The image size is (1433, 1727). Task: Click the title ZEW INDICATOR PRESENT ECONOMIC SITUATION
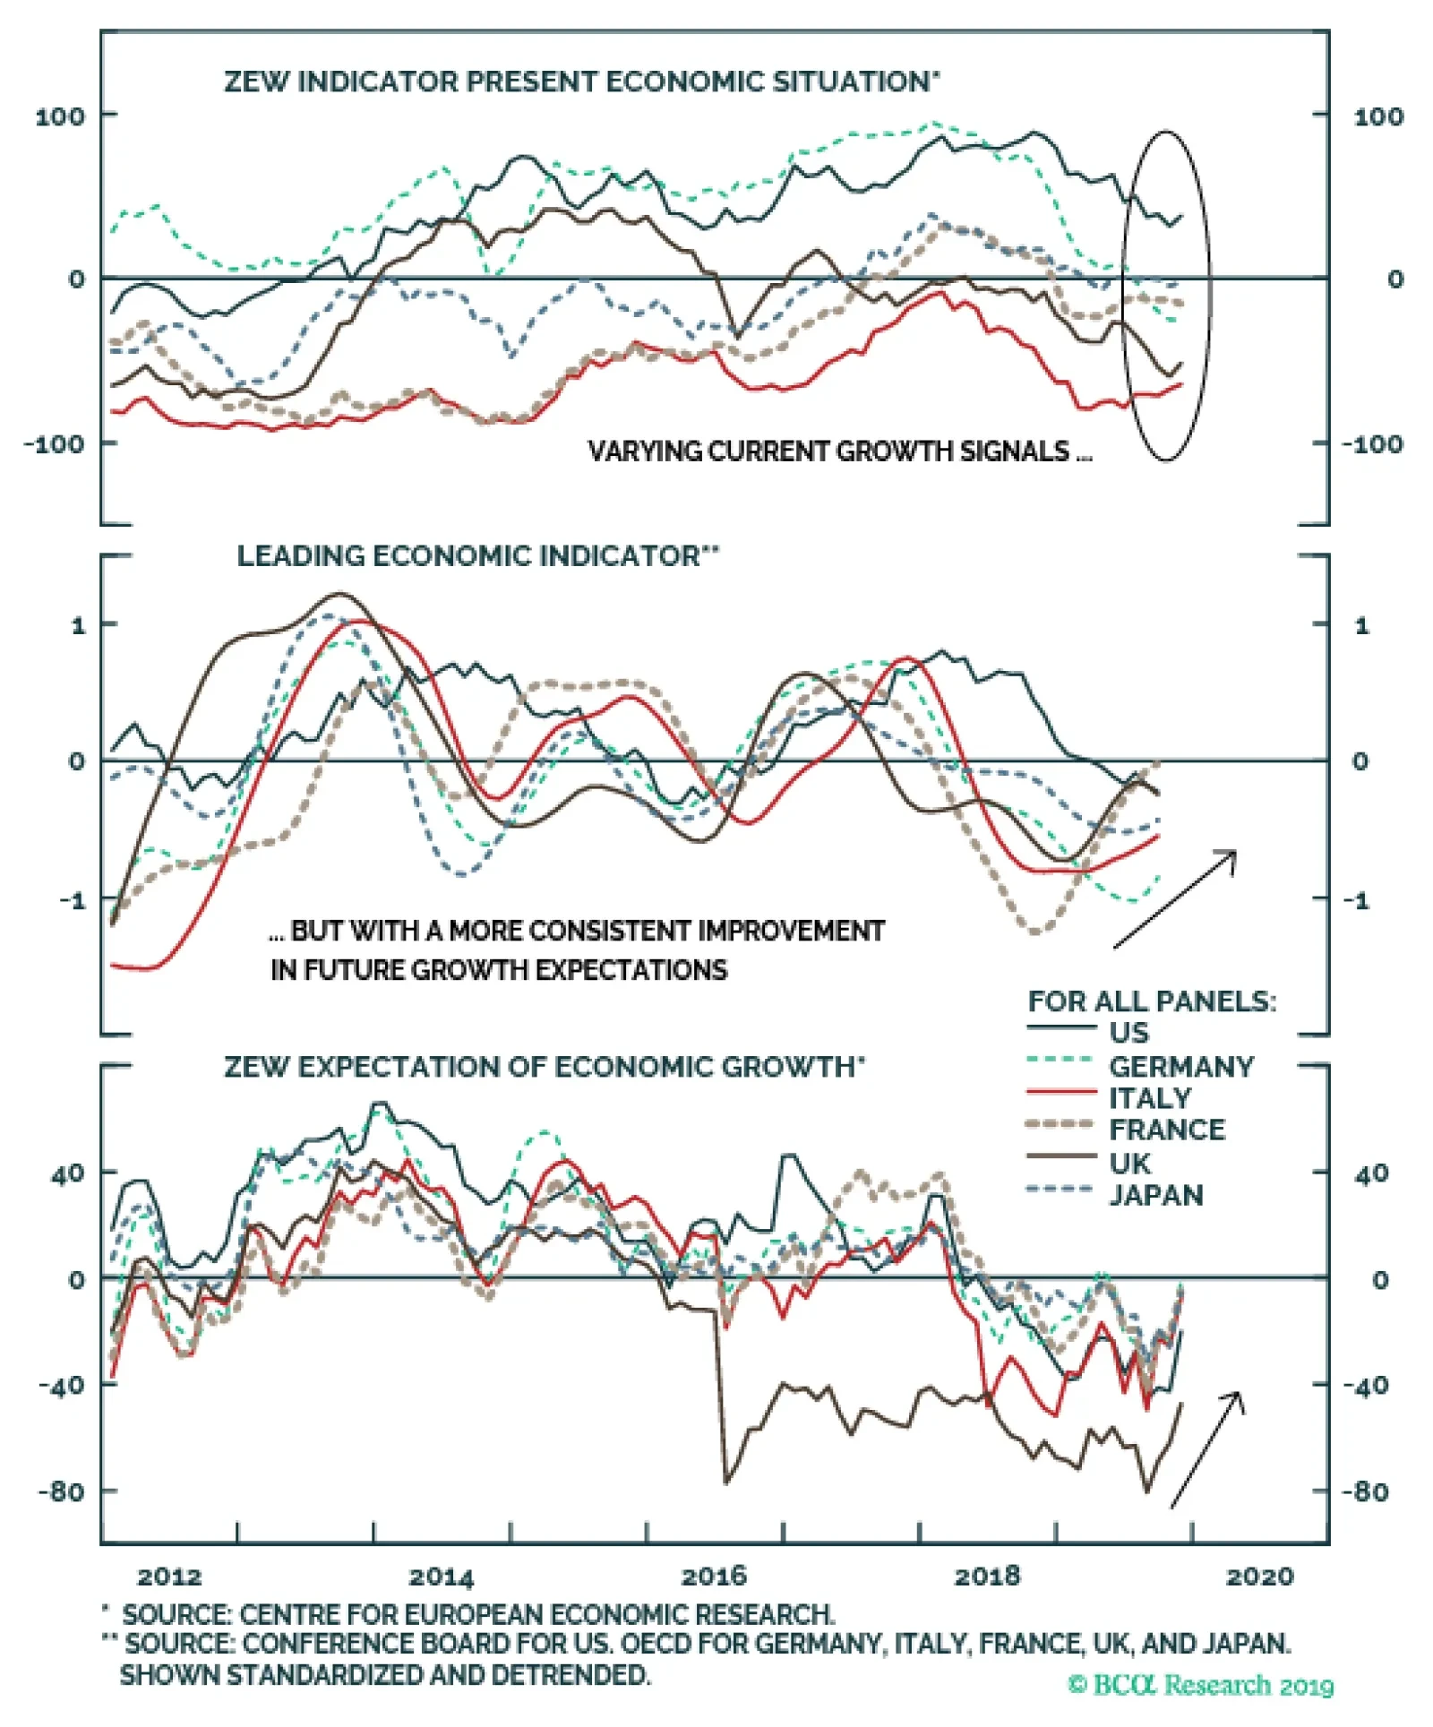[580, 82]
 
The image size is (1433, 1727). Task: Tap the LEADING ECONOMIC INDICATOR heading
[476, 556]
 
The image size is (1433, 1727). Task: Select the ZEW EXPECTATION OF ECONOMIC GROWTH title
[544, 1067]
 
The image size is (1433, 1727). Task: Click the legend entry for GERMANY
[1180, 1067]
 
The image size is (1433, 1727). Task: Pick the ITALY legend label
[1150, 1098]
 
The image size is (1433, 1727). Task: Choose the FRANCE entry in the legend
[1166, 1130]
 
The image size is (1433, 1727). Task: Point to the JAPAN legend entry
[1156, 1196]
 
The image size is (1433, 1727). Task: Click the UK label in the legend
[1129, 1164]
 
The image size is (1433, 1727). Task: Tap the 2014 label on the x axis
[442, 1577]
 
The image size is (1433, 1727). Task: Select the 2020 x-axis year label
[1259, 1577]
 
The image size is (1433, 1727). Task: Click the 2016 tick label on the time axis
[714, 1577]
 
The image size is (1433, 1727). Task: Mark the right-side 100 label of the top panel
[1378, 116]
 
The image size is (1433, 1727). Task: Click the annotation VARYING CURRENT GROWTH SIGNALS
[839, 451]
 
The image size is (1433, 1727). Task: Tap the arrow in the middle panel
[1174, 898]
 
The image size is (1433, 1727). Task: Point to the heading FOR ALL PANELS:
[1152, 1001]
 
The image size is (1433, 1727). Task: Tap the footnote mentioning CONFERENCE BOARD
[708, 1645]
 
